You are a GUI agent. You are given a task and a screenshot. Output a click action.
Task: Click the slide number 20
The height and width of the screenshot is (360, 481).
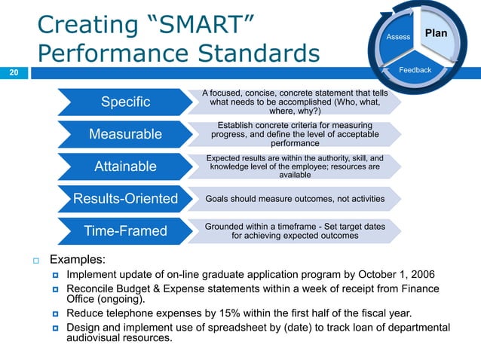(14, 73)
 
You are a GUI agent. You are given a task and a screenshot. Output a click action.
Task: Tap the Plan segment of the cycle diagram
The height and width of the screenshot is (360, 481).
(436, 34)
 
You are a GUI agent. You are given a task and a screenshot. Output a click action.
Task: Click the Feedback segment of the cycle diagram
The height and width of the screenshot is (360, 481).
(415, 70)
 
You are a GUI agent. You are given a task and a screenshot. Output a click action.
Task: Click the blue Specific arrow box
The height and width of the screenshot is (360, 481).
(121, 102)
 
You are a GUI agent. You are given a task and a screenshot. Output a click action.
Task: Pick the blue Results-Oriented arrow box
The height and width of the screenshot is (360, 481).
(125, 199)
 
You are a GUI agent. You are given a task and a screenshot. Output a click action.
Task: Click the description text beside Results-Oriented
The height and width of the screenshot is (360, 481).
(295, 199)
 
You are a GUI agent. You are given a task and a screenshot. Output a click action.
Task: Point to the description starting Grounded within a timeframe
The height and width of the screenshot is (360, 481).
(295, 230)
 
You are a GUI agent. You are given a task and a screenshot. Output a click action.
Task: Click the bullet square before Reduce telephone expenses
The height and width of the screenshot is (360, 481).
(55, 314)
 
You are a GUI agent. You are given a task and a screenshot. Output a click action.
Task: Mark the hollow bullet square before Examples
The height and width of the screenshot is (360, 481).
(35, 261)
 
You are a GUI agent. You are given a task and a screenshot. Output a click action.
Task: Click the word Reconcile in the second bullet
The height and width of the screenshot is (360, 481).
(91, 288)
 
